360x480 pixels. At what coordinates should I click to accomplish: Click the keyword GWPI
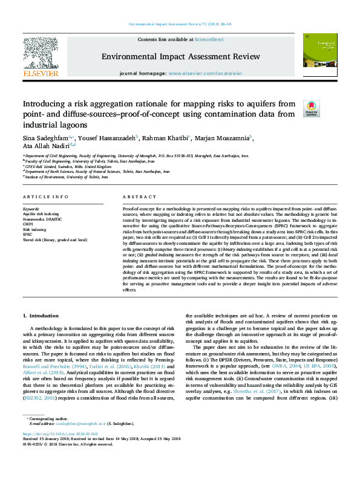click(x=28, y=224)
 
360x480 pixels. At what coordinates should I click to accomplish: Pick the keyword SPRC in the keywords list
click(x=27, y=234)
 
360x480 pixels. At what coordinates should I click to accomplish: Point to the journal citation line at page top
click(x=179, y=25)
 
